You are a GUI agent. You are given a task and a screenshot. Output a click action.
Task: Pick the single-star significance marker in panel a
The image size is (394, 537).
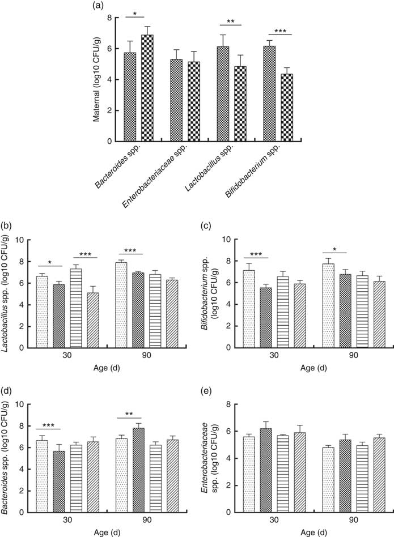(137, 14)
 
